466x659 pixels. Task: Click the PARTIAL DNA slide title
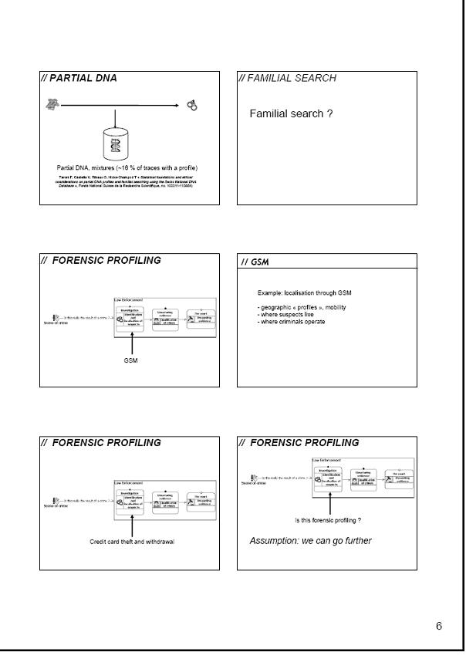click(79, 78)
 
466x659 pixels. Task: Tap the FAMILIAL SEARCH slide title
click(287, 78)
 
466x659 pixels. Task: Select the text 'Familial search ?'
click(291, 113)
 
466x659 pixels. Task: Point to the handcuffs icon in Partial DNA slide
click(191, 105)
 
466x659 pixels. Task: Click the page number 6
click(439, 625)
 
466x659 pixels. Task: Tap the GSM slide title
click(255, 262)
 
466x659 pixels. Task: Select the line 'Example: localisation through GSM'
click(304, 293)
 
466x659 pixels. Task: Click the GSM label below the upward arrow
click(130, 360)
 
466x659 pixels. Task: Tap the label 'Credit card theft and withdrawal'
click(132, 542)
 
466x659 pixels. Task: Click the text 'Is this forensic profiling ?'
click(329, 520)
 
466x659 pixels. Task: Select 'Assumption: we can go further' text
click(310, 540)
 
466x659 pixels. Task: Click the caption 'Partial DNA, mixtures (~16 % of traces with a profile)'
click(127, 167)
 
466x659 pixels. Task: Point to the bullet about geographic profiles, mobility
click(302, 307)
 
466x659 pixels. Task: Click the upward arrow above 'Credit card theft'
click(133, 524)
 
